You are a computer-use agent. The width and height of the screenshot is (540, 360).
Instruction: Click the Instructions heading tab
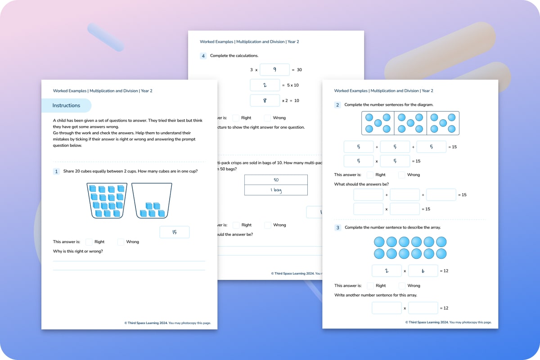point(66,106)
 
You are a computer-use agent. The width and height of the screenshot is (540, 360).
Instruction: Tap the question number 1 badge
point(56,171)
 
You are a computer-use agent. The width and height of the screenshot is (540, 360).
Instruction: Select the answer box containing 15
point(175,232)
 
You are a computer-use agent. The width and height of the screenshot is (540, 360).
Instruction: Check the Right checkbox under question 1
point(89,242)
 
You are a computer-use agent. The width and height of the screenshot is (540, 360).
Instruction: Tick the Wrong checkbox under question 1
point(121,242)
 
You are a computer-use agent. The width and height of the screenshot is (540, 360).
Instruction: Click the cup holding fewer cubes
point(152,201)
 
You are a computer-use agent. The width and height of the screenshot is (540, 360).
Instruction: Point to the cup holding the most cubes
point(107,201)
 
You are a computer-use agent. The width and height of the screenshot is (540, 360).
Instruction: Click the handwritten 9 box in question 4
point(274,70)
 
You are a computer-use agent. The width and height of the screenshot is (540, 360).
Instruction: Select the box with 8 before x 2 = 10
point(265,100)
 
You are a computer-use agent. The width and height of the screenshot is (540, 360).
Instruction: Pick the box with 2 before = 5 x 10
point(265,85)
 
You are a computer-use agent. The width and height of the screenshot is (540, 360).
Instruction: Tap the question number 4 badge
point(203,56)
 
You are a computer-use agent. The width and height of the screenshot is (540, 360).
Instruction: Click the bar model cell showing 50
point(276,180)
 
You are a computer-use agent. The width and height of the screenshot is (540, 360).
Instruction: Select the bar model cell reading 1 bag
point(276,190)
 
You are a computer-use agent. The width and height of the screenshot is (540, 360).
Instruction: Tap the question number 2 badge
point(337,105)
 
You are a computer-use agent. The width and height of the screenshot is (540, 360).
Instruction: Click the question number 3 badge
point(337,228)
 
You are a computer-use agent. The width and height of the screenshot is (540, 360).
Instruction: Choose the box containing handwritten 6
point(423,270)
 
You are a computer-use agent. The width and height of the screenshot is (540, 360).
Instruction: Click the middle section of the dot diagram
point(410,123)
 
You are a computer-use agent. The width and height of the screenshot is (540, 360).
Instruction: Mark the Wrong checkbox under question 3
point(402,286)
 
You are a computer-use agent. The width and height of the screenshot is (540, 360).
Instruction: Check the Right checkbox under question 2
point(370,175)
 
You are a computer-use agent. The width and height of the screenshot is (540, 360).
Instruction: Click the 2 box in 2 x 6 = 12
point(387,270)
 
